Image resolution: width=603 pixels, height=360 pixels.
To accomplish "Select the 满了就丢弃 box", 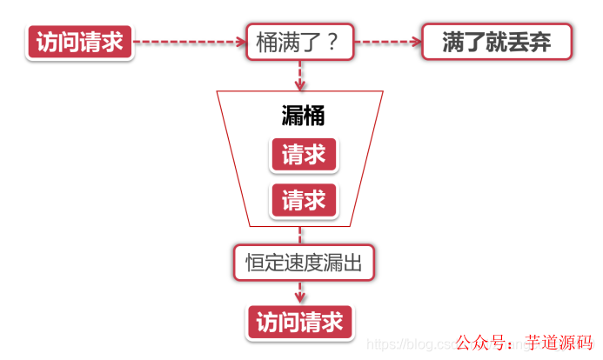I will [496, 42].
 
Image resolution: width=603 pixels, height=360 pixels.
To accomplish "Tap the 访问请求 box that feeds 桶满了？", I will [80, 42].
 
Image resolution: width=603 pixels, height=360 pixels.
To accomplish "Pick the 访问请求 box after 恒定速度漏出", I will [300, 322].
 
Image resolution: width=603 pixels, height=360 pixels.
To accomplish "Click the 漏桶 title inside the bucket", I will [303, 116].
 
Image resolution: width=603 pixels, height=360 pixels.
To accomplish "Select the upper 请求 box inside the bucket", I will [303, 155].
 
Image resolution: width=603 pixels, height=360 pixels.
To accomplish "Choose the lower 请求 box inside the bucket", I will [303, 200].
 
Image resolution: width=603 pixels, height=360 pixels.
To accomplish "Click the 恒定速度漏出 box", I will [303, 261].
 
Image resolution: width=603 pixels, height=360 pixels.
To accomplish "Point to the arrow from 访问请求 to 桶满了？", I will [187, 41].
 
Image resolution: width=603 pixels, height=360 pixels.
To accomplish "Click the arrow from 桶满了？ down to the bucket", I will [301, 76].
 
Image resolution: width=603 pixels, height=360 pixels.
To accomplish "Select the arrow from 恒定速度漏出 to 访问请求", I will [301, 292].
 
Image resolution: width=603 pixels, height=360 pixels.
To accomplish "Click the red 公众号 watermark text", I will [482, 342].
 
